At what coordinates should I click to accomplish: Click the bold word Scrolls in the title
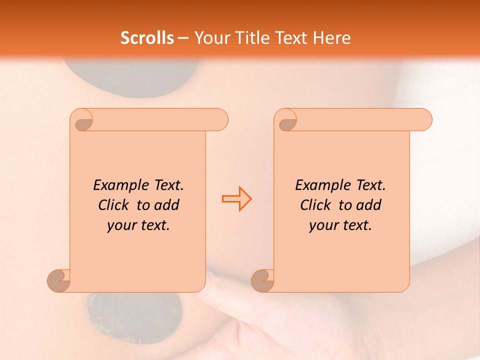[147, 38]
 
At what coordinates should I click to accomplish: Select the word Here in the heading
[332, 38]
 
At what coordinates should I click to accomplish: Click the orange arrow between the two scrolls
[236, 198]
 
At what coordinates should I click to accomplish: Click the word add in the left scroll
[167, 205]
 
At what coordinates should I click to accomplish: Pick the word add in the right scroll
[369, 205]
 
